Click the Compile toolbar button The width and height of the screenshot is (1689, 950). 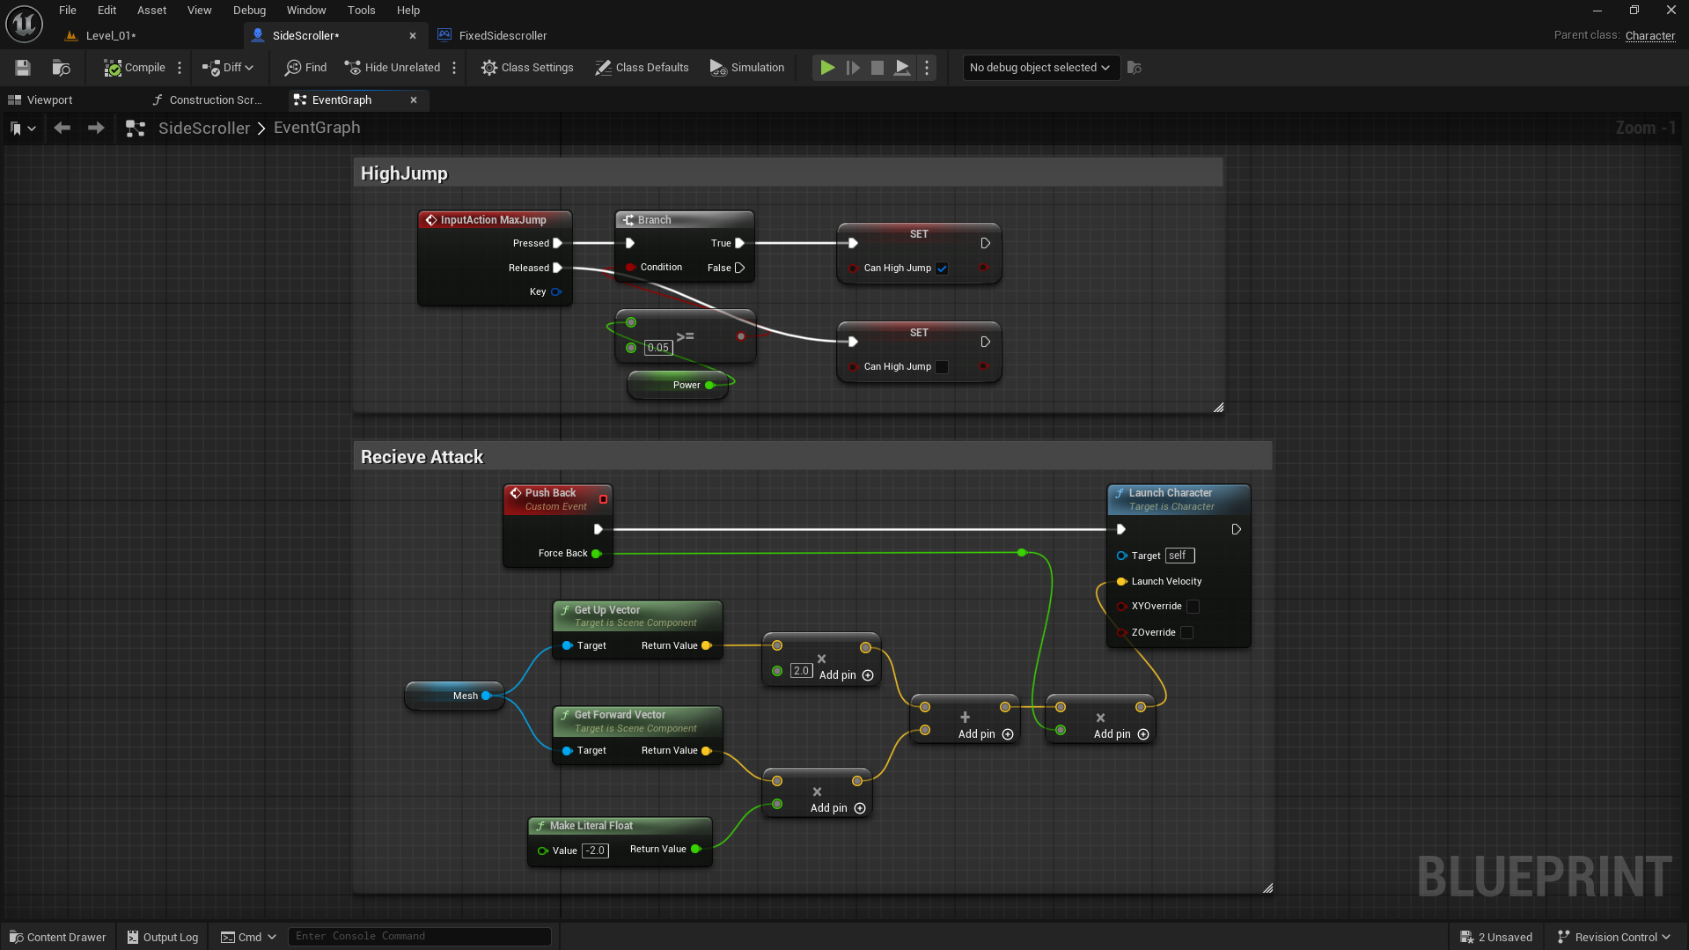[x=135, y=68]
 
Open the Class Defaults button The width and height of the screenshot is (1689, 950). [x=642, y=68]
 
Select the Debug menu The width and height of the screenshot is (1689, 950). [x=249, y=11]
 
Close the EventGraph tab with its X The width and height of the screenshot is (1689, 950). [x=414, y=100]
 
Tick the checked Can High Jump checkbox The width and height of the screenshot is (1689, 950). [x=942, y=269]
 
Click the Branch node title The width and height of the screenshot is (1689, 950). [x=654, y=220]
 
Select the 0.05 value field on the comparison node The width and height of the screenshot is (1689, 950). [x=658, y=348]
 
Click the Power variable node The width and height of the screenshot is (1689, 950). [x=678, y=385]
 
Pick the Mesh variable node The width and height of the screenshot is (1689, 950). [x=454, y=696]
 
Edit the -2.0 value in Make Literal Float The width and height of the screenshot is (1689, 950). [x=596, y=851]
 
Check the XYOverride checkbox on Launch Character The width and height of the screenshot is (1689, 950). [x=1193, y=607]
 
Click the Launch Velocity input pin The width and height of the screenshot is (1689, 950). [x=1121, y=582]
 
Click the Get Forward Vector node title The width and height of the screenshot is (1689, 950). [x=620, y=715]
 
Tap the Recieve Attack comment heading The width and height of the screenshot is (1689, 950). [x=422, y=457]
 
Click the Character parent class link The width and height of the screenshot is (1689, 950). [x=1649, y=36]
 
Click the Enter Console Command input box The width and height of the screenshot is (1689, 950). [x=420, y=937]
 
